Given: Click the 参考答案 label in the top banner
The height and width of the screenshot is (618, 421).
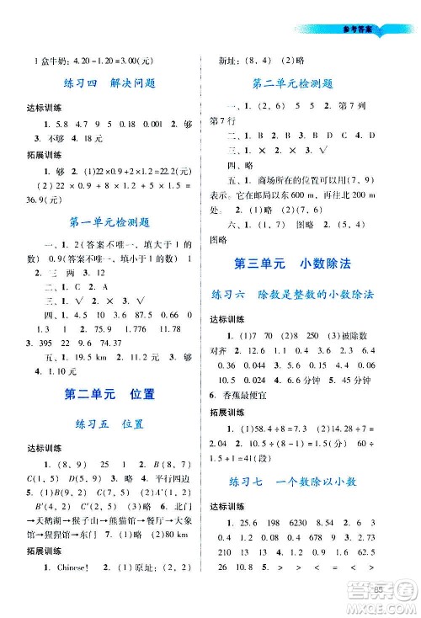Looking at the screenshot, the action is pos(359,28).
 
